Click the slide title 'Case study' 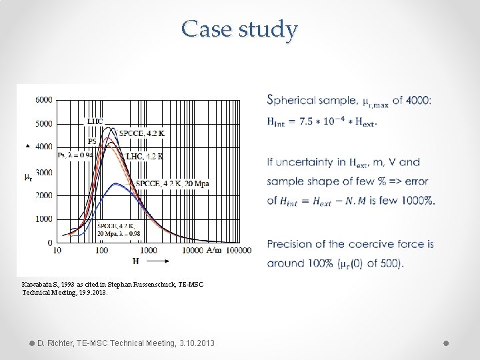pos(239,29)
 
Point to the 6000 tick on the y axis pos(44,100)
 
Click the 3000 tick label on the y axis pos(44,172)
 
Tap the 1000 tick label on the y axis pos(44,219)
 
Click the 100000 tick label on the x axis pos(239,250)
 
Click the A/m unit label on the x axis pos(214,250)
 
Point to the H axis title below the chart pos(135,261)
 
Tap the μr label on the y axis pos(27,177)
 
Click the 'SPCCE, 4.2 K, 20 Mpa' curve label pos(172,183)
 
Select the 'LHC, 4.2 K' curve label pos(145,156)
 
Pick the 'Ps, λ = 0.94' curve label pos(76,155)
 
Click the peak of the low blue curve pos(118,183)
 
